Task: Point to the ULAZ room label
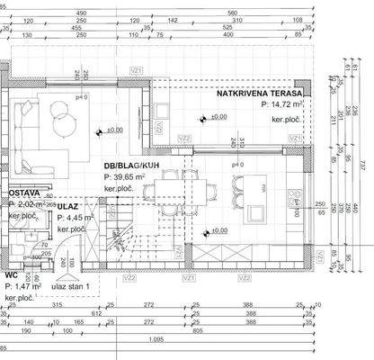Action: pos(69,205)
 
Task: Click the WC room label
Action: pos(11,276)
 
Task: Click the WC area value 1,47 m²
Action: pos(24,286)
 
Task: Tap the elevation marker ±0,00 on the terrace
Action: pos(216,118)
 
